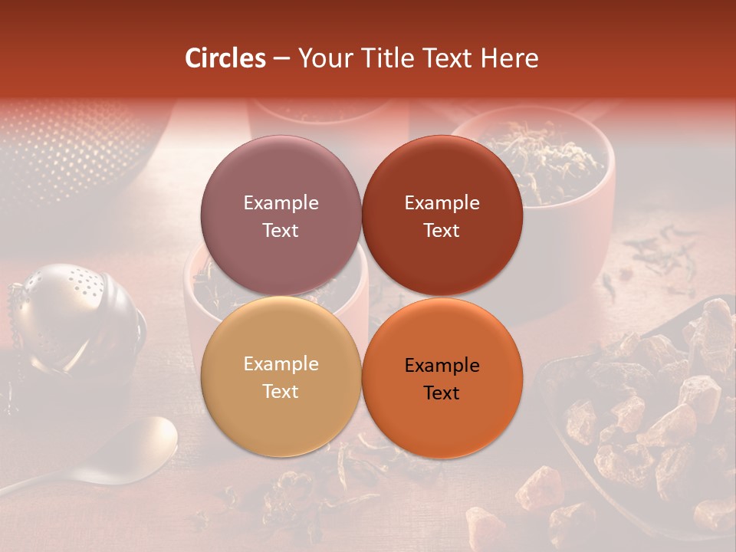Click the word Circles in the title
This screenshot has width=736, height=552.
coord(225,58)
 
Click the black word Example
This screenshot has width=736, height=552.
coord(442,366)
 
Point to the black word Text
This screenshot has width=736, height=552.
coord(442,393)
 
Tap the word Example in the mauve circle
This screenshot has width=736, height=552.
coord(281,203)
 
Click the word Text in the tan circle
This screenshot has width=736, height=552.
coord(281,392)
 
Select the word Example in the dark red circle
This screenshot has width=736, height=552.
coord(442,203)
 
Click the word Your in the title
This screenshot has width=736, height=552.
coord(321,58)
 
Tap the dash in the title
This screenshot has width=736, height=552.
coord(281,59)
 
